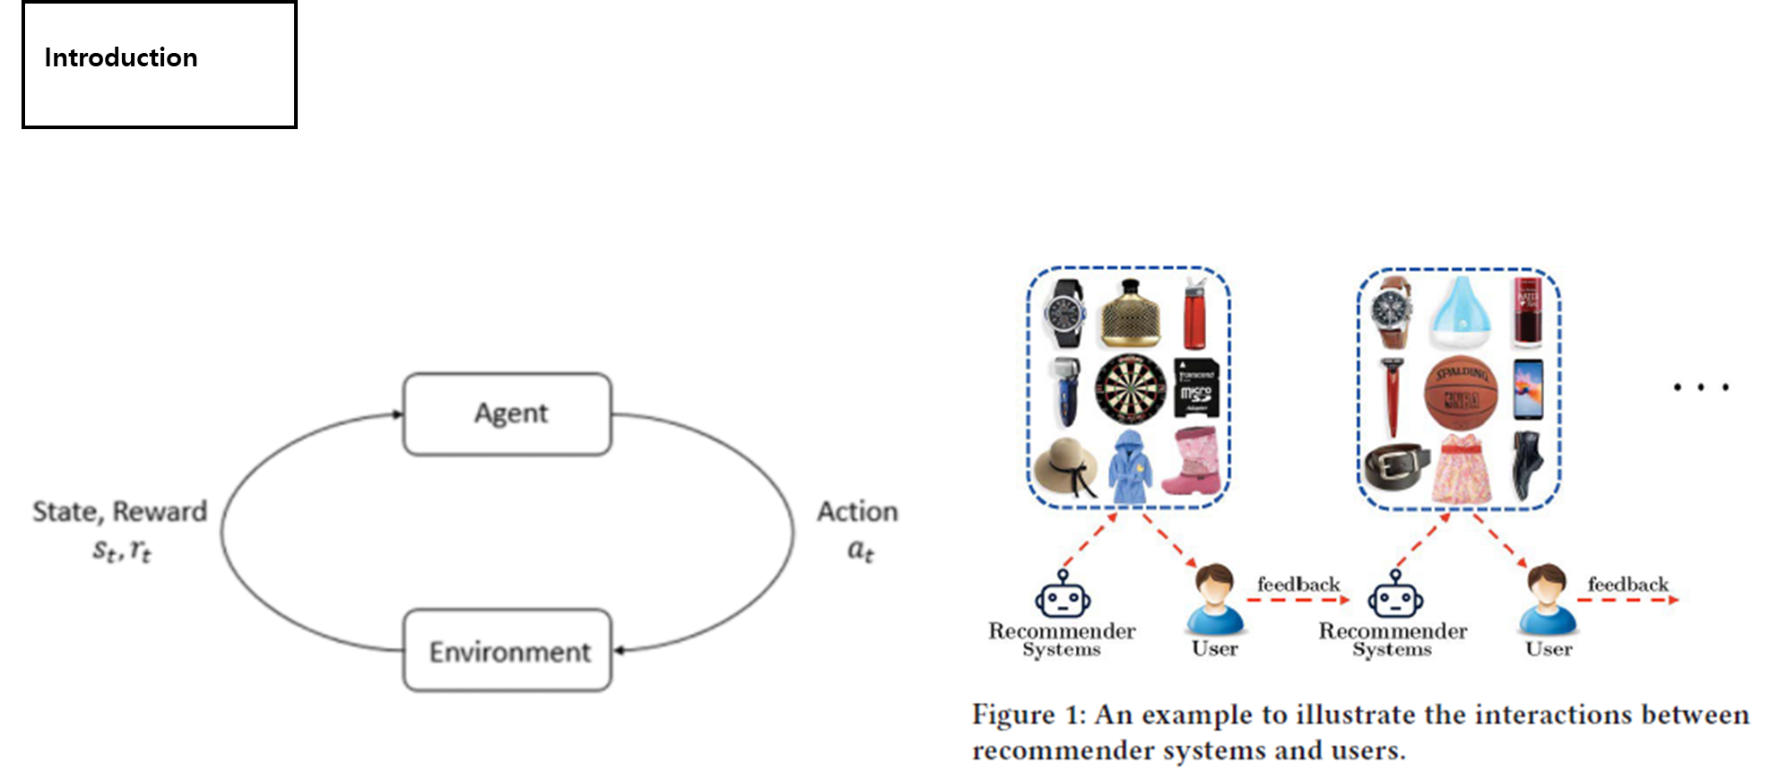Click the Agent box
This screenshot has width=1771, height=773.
(x=508, y=414)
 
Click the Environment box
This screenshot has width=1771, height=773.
(x=508, y=651)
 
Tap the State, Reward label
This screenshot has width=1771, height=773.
(x=120, y=512)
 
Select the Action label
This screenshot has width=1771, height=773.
(x=857, y=512)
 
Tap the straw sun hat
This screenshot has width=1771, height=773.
(x=1064, y=466)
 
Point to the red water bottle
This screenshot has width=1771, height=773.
(x=1194, y=314)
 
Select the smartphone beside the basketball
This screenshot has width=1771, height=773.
(x=1528, y=389)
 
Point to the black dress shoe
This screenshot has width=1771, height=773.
(x=1527, y=465)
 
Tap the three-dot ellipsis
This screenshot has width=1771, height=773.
(x=1700, y=388)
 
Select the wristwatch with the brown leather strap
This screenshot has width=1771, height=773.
(x=1393, y=313)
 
